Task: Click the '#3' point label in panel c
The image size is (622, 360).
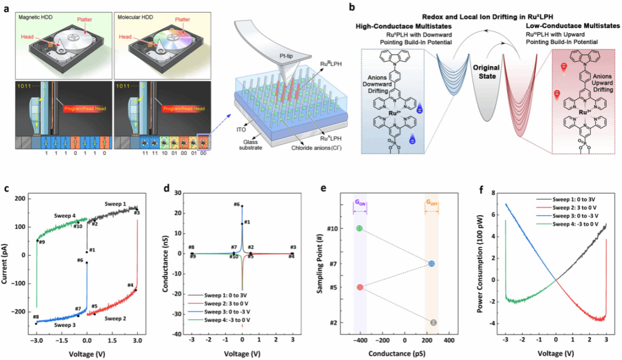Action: (x=137, y=213)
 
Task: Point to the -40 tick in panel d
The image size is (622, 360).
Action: (x=180, y=334)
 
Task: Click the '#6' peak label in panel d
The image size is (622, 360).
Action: (x=237, y=204)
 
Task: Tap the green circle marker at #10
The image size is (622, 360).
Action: (x=360, y=228)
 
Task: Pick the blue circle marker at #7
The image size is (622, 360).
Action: (x=432, y=264)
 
